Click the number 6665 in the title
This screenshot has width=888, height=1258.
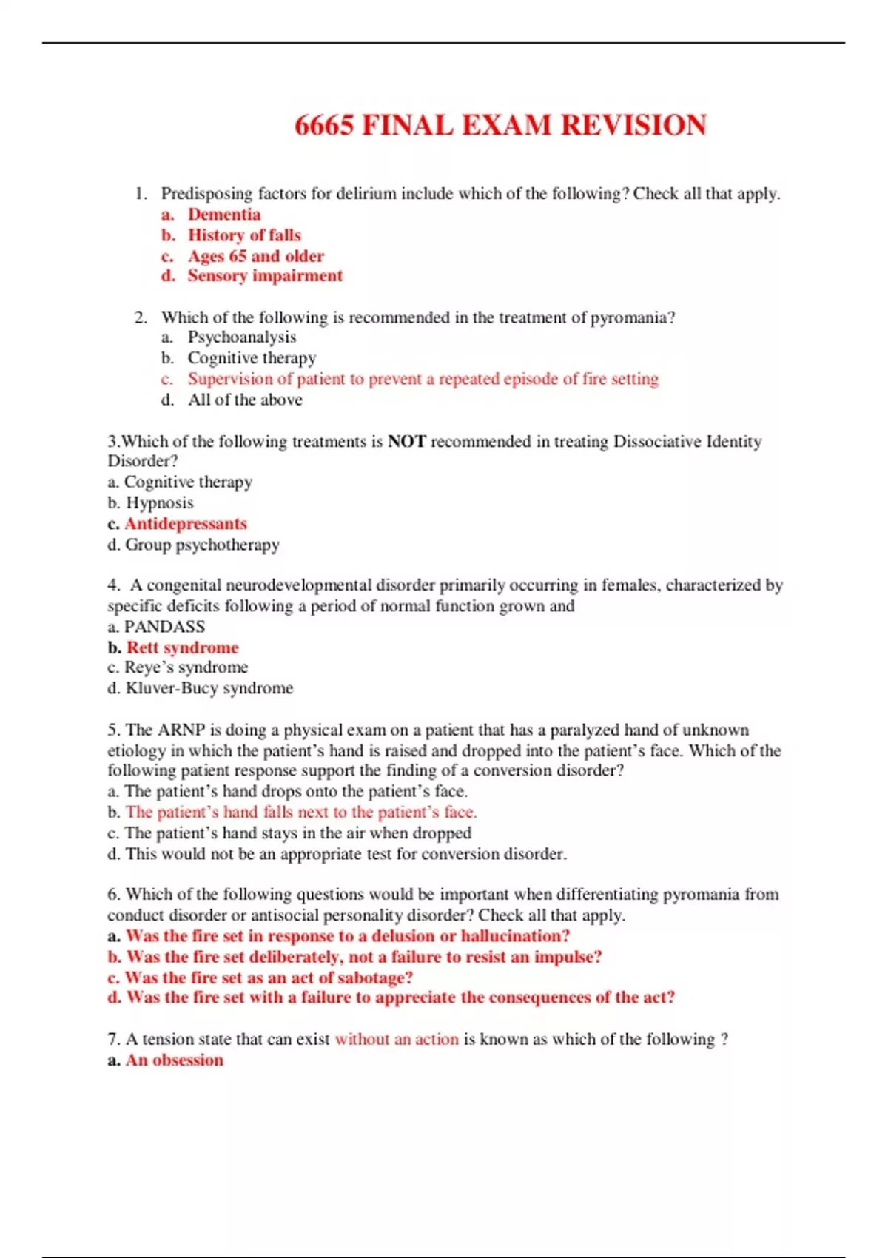pyautogui.click(x=323, y=125)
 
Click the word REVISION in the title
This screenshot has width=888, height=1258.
pyautogui.click(x=634, y=125)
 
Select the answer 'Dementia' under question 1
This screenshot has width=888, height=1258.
pyautogui.click(x=223, y=215)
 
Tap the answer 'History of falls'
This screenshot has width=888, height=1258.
pyautogui.click(x=244, y=235)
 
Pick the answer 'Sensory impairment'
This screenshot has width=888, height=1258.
pyautogui.click(x=265, y=276)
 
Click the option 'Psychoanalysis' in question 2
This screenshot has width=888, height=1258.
pyautogui.click(x=241, y=337)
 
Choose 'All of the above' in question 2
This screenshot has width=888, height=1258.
pyautogui.click(x=245, y=400)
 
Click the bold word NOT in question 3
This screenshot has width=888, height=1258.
pyautogui.click(x=407, y=442)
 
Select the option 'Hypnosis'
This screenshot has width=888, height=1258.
pyautogui.click(x=159, y=503)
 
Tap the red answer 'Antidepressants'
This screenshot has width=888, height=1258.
pyautogui.click(x=186, y=524)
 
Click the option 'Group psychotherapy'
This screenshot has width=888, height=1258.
pyautogui.click(x=202, y=545)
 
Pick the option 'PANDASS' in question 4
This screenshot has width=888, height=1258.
pyautogui.click(x=164, y=627)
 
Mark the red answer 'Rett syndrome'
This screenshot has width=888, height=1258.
pyautogui.click(x=182, y=647)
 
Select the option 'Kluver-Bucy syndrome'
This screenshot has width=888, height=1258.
pyautogui.click(x=209, y=688)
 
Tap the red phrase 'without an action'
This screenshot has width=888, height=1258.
pyautogui.click(x=397, y=1039)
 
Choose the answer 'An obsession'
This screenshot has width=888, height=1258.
pyautogui.click(x=174, y=1060)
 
